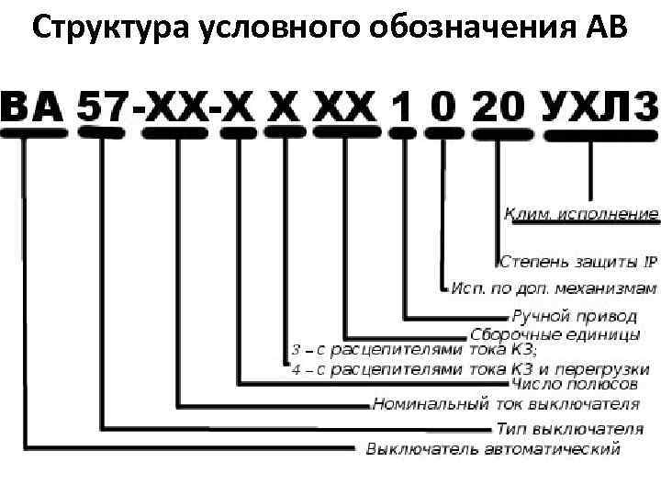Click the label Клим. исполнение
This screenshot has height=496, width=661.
click(x=581, y=214)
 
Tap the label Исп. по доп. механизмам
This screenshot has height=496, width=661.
click(x=554, y=287)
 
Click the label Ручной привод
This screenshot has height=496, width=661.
click(x=573, y=315)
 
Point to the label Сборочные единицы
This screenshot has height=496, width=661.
click(x=555, y=333)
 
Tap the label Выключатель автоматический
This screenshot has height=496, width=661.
click(x=493, y=448)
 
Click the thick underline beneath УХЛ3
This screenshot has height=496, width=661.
click(x=601, y=134)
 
